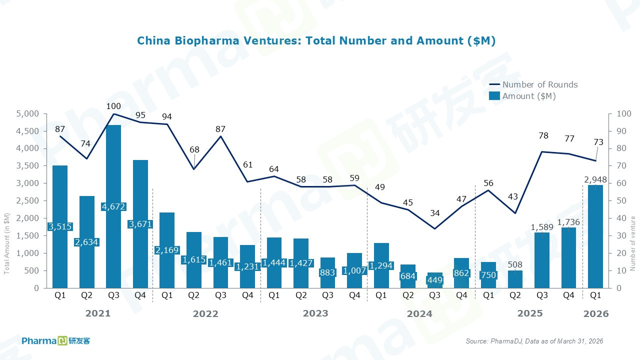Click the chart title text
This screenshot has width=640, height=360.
click(316, 41)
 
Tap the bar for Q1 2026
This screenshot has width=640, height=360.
click(595, 240)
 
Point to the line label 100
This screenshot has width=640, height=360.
click(113, 106)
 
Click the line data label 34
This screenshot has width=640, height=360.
click(435, 213)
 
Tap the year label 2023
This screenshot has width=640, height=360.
click(315, 313)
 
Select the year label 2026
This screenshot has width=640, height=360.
click(596, 314)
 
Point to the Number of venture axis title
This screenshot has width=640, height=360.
click(632, 244)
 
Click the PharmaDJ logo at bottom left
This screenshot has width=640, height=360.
click(55, 341)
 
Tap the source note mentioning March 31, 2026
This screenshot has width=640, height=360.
click(534, 341)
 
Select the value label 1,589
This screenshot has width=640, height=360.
click(542, 227)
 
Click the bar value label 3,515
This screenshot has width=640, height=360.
click(60, 226)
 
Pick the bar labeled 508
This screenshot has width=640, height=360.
click(515, 278)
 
